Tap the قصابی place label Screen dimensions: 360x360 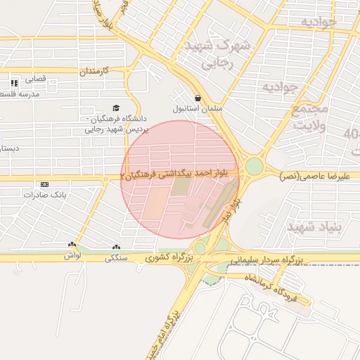pyautogui.click(x=35, y=79)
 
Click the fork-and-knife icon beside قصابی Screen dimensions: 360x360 pyautogui.click(x=14, y=83)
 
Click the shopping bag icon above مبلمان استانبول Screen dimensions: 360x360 pyautogui.click(x=197, y=98)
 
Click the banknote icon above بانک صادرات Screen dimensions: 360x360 pyautogui.click(x=44, y=184)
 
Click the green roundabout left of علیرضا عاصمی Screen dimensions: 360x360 pyautogui.click(x=254, y=167)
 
